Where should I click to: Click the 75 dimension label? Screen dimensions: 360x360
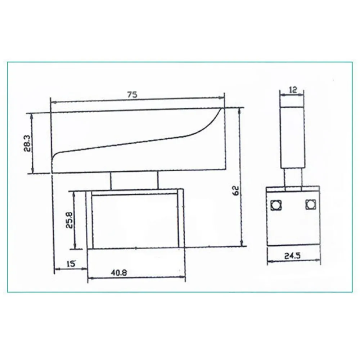tap(132, 95)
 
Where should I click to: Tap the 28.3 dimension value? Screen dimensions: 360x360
tap(27, 144)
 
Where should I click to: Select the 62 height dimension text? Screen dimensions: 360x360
tap(236, 190)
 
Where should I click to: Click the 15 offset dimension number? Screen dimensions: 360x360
tap(71, 264)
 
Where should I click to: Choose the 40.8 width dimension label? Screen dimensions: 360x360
tap(118, 273)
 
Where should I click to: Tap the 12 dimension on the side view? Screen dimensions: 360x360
tap(293, 90)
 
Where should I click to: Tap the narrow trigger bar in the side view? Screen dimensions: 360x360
tap(292, 137)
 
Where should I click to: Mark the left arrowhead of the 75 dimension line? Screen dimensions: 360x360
tap(53, 101)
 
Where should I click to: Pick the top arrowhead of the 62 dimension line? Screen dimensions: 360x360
tap(240, 110)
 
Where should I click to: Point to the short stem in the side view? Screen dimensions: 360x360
tap(293, 178)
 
